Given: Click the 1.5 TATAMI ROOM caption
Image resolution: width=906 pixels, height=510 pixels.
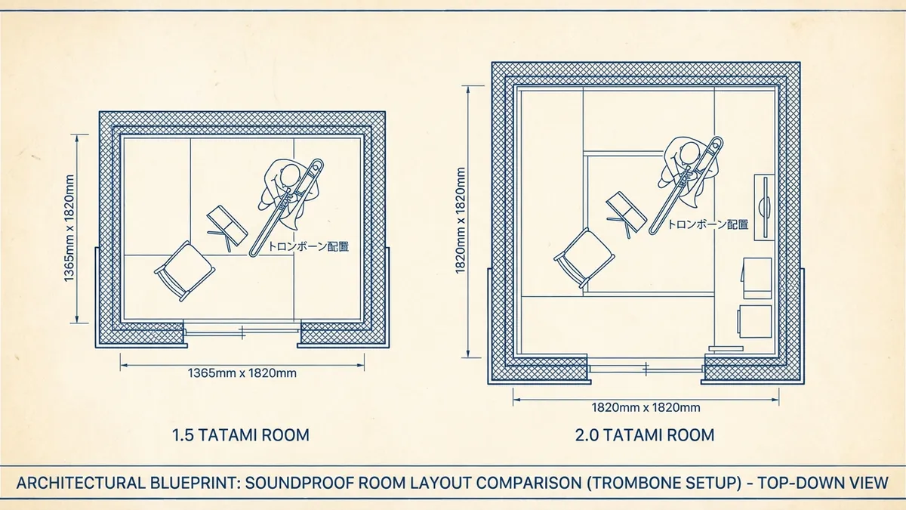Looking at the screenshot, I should [x=241, y=435].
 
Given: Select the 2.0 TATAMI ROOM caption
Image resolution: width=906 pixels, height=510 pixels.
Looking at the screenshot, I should [x=645, y=435].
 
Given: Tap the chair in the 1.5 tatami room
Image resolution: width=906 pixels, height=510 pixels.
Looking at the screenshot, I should [x=177, y=270].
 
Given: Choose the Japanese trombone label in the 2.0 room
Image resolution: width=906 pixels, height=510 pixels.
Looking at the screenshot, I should [x=708, y=224].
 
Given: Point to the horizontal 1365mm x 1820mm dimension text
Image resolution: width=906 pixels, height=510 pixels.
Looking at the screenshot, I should [x=242, y=372].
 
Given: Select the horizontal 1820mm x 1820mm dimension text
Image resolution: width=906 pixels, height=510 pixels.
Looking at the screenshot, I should [x=646, y=408].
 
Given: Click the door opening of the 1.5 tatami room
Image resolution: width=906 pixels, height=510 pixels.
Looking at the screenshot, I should [x=242, y=330].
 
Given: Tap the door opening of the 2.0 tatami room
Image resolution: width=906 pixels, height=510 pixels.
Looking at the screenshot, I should [x=646, y=369].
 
